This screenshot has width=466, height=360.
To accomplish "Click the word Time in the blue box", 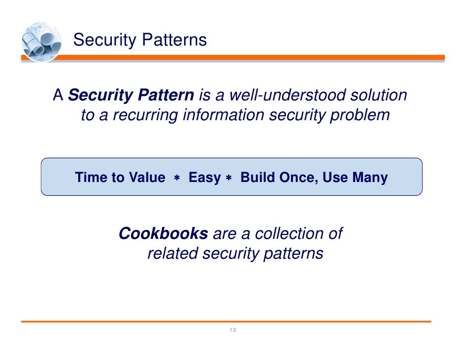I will click(92, 178).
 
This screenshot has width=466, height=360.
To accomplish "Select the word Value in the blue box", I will click(146, 178).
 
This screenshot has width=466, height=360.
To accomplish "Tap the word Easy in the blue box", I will click(204, 178).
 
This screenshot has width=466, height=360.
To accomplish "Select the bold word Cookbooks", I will click(163, 233).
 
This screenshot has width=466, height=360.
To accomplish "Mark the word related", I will click(172, 254).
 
